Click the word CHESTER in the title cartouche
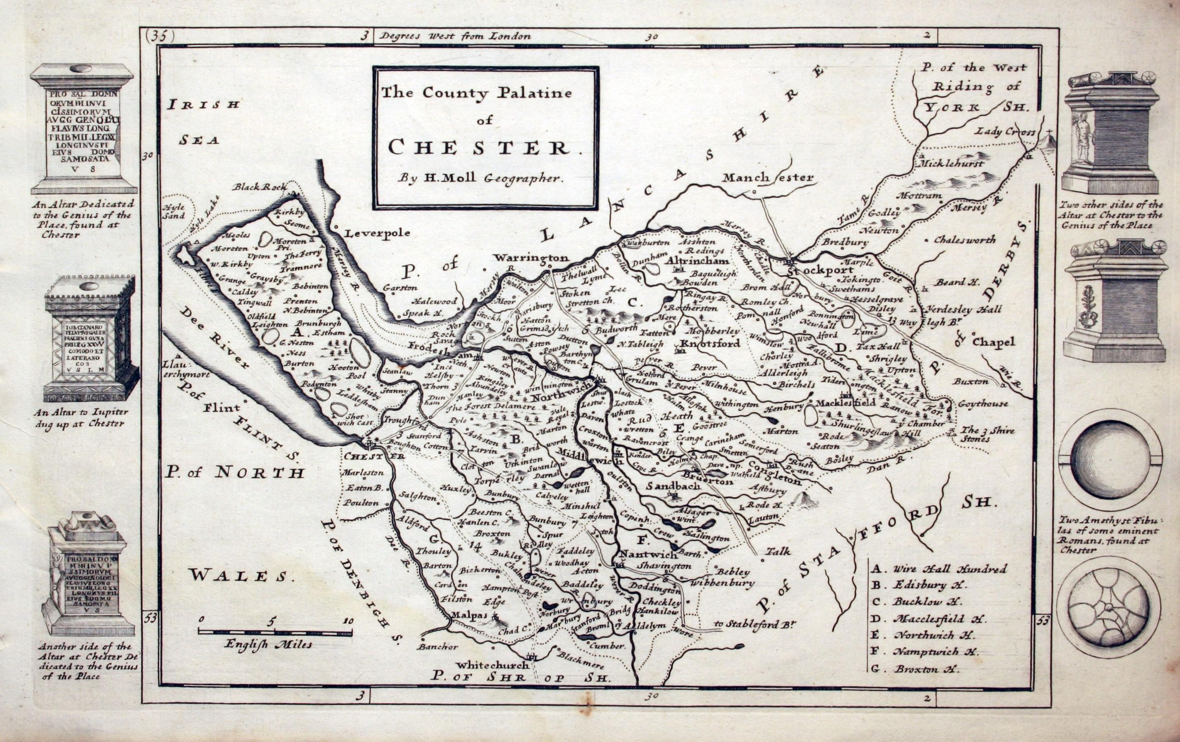[x=485, y=147]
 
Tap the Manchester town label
[x=767, y=178]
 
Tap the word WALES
[x=243, y=575]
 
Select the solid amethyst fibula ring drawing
[x=1109, y=460]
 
